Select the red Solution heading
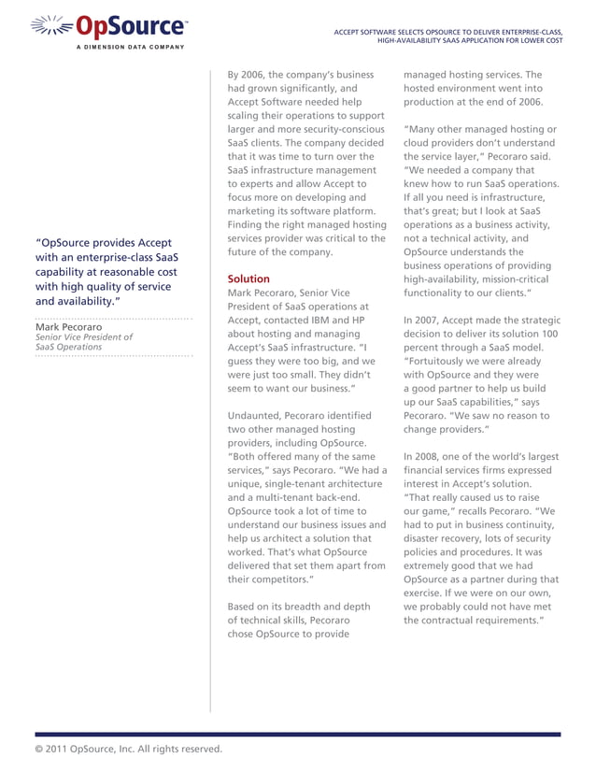[248, 279]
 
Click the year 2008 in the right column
[431, 456]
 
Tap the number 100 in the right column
[549, 334]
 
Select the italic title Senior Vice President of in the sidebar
[83, 337]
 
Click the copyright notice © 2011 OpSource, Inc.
[128, 749]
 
